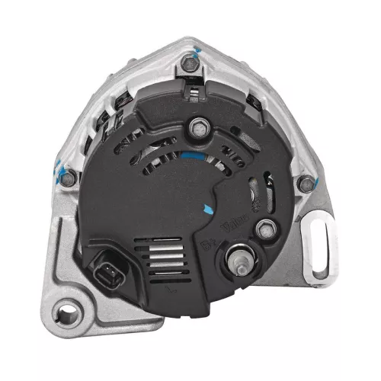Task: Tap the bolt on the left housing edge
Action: tap(69, 178)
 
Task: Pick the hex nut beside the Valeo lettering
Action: tap(266, 227)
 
